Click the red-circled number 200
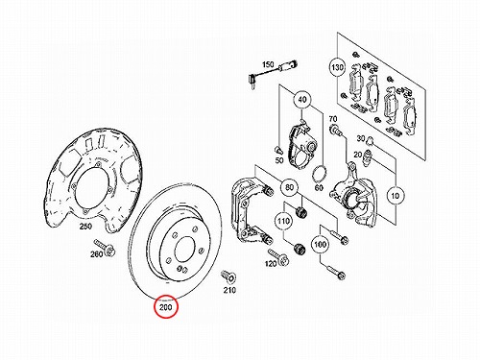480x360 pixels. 165,307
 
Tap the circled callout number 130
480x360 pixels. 337,68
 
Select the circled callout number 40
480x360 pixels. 302,100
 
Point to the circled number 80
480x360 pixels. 289,187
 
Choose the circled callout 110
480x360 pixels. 283,221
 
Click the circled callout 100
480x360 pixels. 320,245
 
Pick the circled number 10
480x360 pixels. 396,195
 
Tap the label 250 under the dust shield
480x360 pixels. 85,227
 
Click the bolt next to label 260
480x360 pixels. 105,248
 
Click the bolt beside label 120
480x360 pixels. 278,256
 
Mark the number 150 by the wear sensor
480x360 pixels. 268,64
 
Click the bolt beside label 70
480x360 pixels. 336,130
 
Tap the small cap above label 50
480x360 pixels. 278,149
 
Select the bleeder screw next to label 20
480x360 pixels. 368,157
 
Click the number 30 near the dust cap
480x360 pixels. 361,138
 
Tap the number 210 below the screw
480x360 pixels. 229,290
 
